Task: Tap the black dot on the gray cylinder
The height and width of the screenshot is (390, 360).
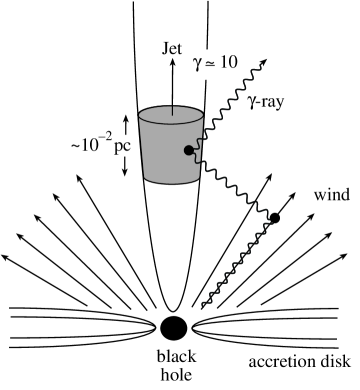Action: [186, 151]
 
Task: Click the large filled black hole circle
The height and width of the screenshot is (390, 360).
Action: [173, 327]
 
